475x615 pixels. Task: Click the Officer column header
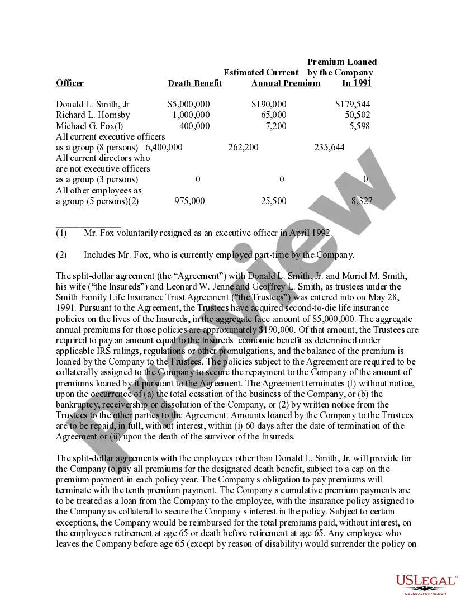coord(70,83)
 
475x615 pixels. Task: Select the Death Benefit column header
coord(194,83)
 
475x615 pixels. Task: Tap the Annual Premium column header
coord(286,83)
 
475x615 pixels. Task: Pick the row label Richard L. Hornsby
coord(93,115)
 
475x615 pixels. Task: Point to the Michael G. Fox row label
coord(89,126)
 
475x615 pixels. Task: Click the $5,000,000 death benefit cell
coord(189,105)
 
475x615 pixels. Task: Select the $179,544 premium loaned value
coord(353,105)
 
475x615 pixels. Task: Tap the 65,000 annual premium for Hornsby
coord(273,115)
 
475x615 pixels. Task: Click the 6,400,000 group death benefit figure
coord(164,147)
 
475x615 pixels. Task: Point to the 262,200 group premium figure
coord(243,147)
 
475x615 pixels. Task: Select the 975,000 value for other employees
coord(189,201)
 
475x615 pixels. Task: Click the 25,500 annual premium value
coord(273,201)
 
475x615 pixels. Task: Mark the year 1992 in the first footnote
coord(320,233)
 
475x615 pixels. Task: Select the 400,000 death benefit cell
coord(194,126)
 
